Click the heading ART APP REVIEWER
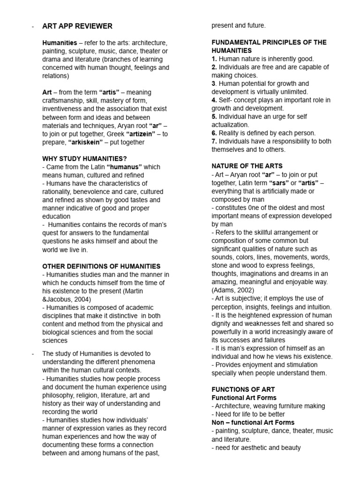(x=77, y=26)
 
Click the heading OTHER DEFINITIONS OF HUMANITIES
(x=101, y=266)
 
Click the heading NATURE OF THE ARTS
(x=247, y=165)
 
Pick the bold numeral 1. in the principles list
(x=214, y=59)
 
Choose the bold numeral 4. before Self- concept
(x=214, y=100)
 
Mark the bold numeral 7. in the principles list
(x=214, y=142)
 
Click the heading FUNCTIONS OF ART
(x=243, y=389)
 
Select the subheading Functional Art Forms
(x=244, y=397)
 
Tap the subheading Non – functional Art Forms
(x=253, y=422)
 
